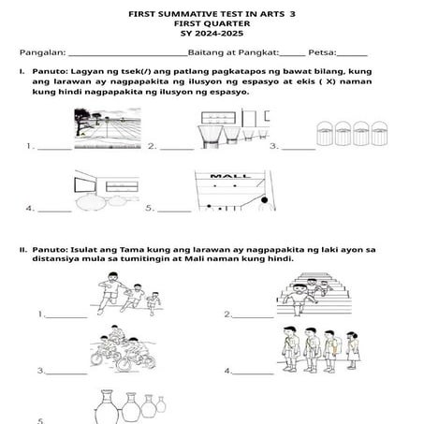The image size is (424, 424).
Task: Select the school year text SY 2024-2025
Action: pos(212,35)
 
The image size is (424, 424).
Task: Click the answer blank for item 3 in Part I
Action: pos(299,148)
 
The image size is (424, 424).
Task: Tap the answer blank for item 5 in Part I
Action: pos(176,209)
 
